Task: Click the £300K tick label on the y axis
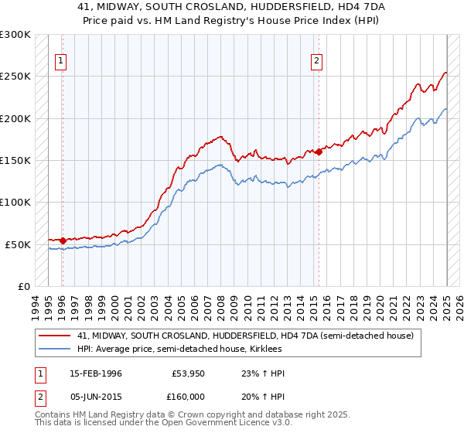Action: pyautogui.click(x=15, y=35)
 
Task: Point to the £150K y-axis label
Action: pyautogui.click(x=15, y=160)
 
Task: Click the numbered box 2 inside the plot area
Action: pyautogui.click(x=317, y=63)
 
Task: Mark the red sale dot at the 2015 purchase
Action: pyautogui.click(x=318, y=152)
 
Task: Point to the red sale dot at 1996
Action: pyautogui.click(x=63, y=240)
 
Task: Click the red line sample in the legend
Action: pyautogui.click(x=55, y=336)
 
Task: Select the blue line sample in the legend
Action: pyautogui.click(x=55, y=349)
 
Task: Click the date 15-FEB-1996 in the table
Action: pyautogui.click(x=94, y=373)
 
